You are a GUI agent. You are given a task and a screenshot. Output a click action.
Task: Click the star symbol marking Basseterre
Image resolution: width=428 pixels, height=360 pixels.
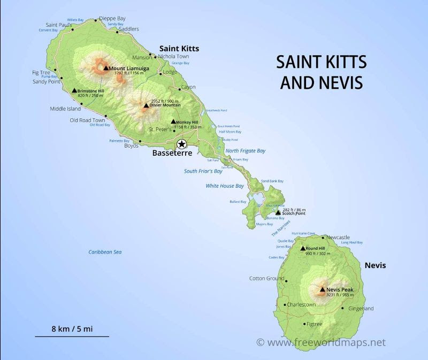[x=182, y=143]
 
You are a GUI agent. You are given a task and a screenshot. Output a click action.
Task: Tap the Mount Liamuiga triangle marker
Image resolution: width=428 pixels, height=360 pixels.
[x=106, y=68]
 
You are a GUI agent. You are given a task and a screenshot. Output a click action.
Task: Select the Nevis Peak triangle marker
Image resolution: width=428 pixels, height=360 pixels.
[x=322, y=290]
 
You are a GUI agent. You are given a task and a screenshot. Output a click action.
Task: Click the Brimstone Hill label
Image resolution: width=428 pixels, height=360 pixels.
[x=90, y=91]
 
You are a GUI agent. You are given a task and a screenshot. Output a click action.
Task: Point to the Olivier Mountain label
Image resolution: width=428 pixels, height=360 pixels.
[x=165, y=105]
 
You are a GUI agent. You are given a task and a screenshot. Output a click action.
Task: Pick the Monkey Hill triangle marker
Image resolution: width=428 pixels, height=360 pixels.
[x=173, y=121]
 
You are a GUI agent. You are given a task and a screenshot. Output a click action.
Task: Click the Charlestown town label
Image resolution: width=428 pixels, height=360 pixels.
[x=301, y=304]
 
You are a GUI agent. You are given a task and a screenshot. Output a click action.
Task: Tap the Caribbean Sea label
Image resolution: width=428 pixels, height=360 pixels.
[x=105, y=251]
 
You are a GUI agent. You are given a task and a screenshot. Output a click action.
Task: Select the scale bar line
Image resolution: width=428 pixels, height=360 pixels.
[x=72, y=336]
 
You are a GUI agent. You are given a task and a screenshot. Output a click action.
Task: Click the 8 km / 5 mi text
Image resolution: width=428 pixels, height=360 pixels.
[x=72, y=328]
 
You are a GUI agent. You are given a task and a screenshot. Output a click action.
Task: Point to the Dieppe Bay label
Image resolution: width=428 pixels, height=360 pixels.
[x=113, y=18]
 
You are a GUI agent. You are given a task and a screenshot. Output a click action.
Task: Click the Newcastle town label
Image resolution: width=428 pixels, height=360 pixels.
[x=338, y=237]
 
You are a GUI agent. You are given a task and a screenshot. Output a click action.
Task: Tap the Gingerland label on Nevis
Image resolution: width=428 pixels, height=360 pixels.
[x=361, y=309]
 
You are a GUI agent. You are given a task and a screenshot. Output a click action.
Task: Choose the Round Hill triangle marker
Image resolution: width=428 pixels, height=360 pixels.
[x=302, y=249]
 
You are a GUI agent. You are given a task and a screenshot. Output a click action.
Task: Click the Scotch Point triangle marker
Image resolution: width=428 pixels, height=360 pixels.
[x=278, y=212]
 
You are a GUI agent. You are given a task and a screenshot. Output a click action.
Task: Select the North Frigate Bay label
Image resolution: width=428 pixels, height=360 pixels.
[x=245, y=151]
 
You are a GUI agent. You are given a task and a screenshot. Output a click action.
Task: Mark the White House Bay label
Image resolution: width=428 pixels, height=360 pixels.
[x=225, y=186]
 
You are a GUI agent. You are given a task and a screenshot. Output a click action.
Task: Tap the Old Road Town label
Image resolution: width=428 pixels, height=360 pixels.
[x=87, y=120]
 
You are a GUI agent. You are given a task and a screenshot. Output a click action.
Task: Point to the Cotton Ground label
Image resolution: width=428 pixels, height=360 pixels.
[x=266, y=279]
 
